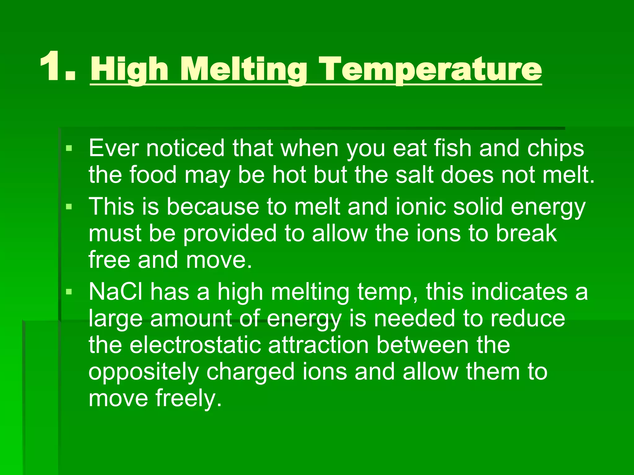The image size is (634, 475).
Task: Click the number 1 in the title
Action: coord(51,67)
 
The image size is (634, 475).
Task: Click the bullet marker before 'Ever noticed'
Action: coord(69,149)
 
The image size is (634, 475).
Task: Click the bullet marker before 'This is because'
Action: coord(69,206)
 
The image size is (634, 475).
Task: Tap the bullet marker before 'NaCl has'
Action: coord(69,292)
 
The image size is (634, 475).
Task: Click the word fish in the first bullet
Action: coord(452,148)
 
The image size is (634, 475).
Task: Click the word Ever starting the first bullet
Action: coord(113,148)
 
